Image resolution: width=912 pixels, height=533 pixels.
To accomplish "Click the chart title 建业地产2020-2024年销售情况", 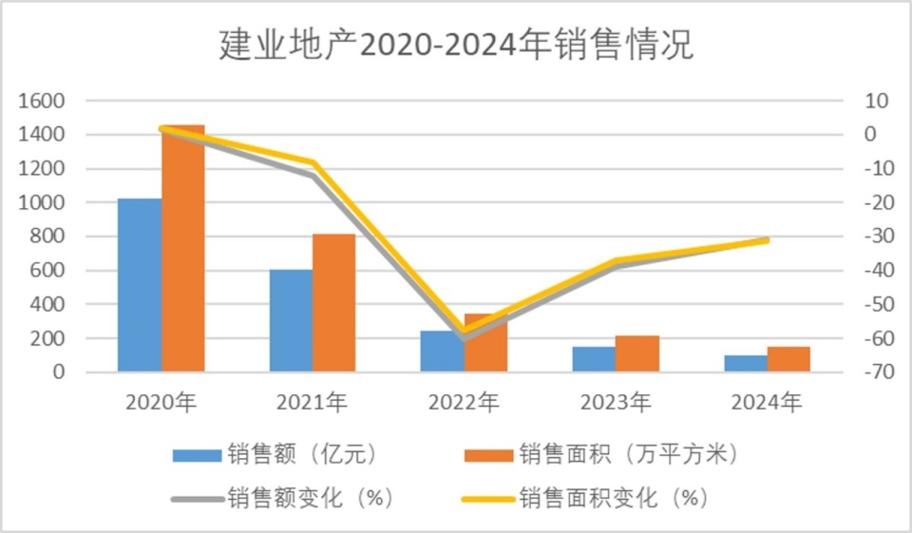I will pos(456,45).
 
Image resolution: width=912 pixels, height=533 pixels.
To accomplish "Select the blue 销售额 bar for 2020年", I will pos(140,285).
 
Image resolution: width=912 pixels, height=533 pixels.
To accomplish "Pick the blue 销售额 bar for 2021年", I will pos(291,320).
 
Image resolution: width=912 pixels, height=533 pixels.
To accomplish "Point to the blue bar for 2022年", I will pos(442,351).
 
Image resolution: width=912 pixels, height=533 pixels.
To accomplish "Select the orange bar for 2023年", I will pos(636,353).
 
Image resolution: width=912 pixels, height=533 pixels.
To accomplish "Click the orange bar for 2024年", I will pos(788,359).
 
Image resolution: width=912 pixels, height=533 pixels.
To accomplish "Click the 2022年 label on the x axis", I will pos(464,402).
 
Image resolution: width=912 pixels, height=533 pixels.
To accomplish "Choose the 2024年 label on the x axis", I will pos(767,402).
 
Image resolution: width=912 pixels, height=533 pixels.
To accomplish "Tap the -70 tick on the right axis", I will pos(874,372).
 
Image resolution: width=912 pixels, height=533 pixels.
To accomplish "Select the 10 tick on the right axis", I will pos(876,101).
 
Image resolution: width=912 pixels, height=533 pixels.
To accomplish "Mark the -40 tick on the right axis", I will pos(874,271).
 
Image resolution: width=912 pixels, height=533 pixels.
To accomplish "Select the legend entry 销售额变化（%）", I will pos(285,497).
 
